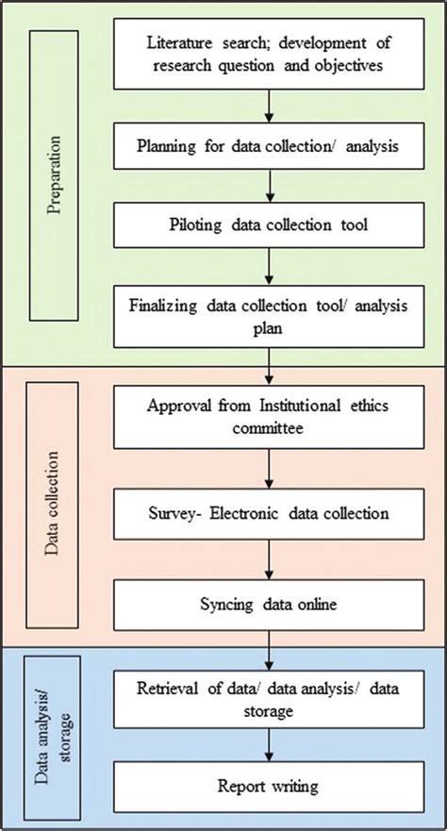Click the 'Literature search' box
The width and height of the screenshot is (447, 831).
tap(269, 54)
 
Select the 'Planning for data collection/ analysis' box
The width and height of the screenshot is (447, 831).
tap(269, 146)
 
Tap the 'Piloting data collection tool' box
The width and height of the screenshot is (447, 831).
tap(269, 224)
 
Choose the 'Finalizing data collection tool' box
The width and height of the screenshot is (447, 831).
tap(269, 316)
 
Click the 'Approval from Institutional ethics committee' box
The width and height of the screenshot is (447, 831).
tap(269, 417)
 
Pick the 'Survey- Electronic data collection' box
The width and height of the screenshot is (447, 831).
tap(269, 513)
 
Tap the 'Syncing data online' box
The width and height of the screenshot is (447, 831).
tap(269, 605)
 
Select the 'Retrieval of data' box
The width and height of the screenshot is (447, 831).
tap(269, 699)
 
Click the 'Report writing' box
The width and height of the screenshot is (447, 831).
tap(269, 787)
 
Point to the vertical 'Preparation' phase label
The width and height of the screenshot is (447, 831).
tap(54, 175)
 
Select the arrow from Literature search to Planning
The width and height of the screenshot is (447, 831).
tap(269, 106)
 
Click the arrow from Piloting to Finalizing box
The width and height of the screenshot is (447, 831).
tap(269, 267)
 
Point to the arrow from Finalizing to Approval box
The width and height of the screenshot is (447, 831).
tap(269, 367)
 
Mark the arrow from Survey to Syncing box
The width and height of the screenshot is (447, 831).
tap(269, 559)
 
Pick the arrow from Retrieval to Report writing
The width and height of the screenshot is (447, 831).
tap(269, 744)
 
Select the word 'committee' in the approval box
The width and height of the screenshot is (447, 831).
tap(269, 427)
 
